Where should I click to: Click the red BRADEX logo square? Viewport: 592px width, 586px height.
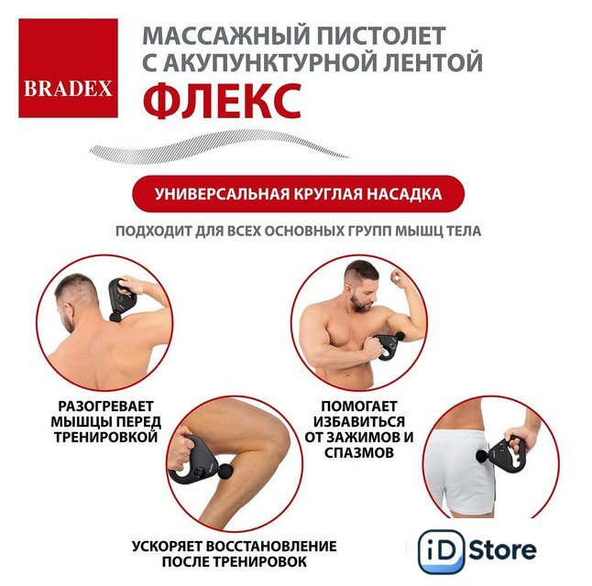coord(68,68)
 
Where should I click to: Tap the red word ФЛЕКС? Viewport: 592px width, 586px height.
coord(222,101)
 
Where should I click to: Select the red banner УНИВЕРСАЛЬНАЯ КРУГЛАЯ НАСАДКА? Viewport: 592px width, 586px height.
coord(298,193)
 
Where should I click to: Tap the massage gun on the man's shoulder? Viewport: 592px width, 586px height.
coord(121,299)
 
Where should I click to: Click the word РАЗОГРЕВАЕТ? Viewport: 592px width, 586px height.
coord(105,407)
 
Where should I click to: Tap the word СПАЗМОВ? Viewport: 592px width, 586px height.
coord(359,452)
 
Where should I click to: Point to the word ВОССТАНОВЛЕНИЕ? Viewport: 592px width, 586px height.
coord(271,546)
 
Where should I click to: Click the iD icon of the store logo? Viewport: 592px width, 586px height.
coord(442,551)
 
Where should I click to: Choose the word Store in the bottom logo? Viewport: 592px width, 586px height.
coord(502,550)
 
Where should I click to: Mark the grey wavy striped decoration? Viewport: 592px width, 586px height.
coord(219,146)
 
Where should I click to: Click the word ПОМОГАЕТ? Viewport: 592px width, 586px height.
coord(359,407)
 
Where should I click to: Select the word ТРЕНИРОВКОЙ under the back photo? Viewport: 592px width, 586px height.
coord(105,437)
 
